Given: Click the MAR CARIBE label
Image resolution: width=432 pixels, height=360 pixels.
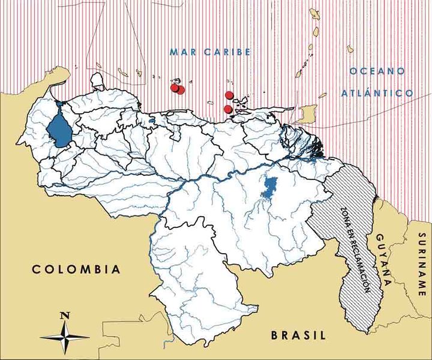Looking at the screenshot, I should point(209,52).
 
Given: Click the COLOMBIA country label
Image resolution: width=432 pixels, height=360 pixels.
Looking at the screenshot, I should point(76,269).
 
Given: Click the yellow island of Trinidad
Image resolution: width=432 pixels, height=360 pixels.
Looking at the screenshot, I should point(311,112).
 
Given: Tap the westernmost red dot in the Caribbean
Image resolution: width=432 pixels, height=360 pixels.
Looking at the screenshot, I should point(175,88).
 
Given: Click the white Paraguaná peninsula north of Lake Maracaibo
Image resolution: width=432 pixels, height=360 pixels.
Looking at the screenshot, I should point(97,80).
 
